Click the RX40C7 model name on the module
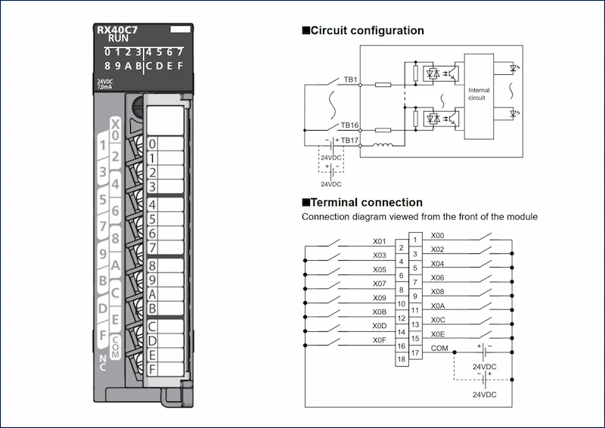point(117,29)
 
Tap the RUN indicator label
point(118,39)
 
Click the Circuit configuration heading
point(363,30)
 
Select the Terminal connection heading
point(362,202)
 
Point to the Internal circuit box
point(479,97)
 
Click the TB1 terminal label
point(350,79)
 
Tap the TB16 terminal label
point(349,125)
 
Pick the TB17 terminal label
point(349,140)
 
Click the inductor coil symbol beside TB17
point(383,144)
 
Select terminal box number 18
point(402,359)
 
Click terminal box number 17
point(415,352)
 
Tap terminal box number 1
point(415,240)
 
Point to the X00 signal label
point(438,235)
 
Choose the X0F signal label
point(380,340)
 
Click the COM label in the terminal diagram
point(439,348)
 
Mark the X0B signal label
point(380,312)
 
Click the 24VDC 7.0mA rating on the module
point(105,84)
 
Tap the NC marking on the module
point(103,363)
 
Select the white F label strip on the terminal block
point(166,369)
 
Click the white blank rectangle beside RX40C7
point(181,29)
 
